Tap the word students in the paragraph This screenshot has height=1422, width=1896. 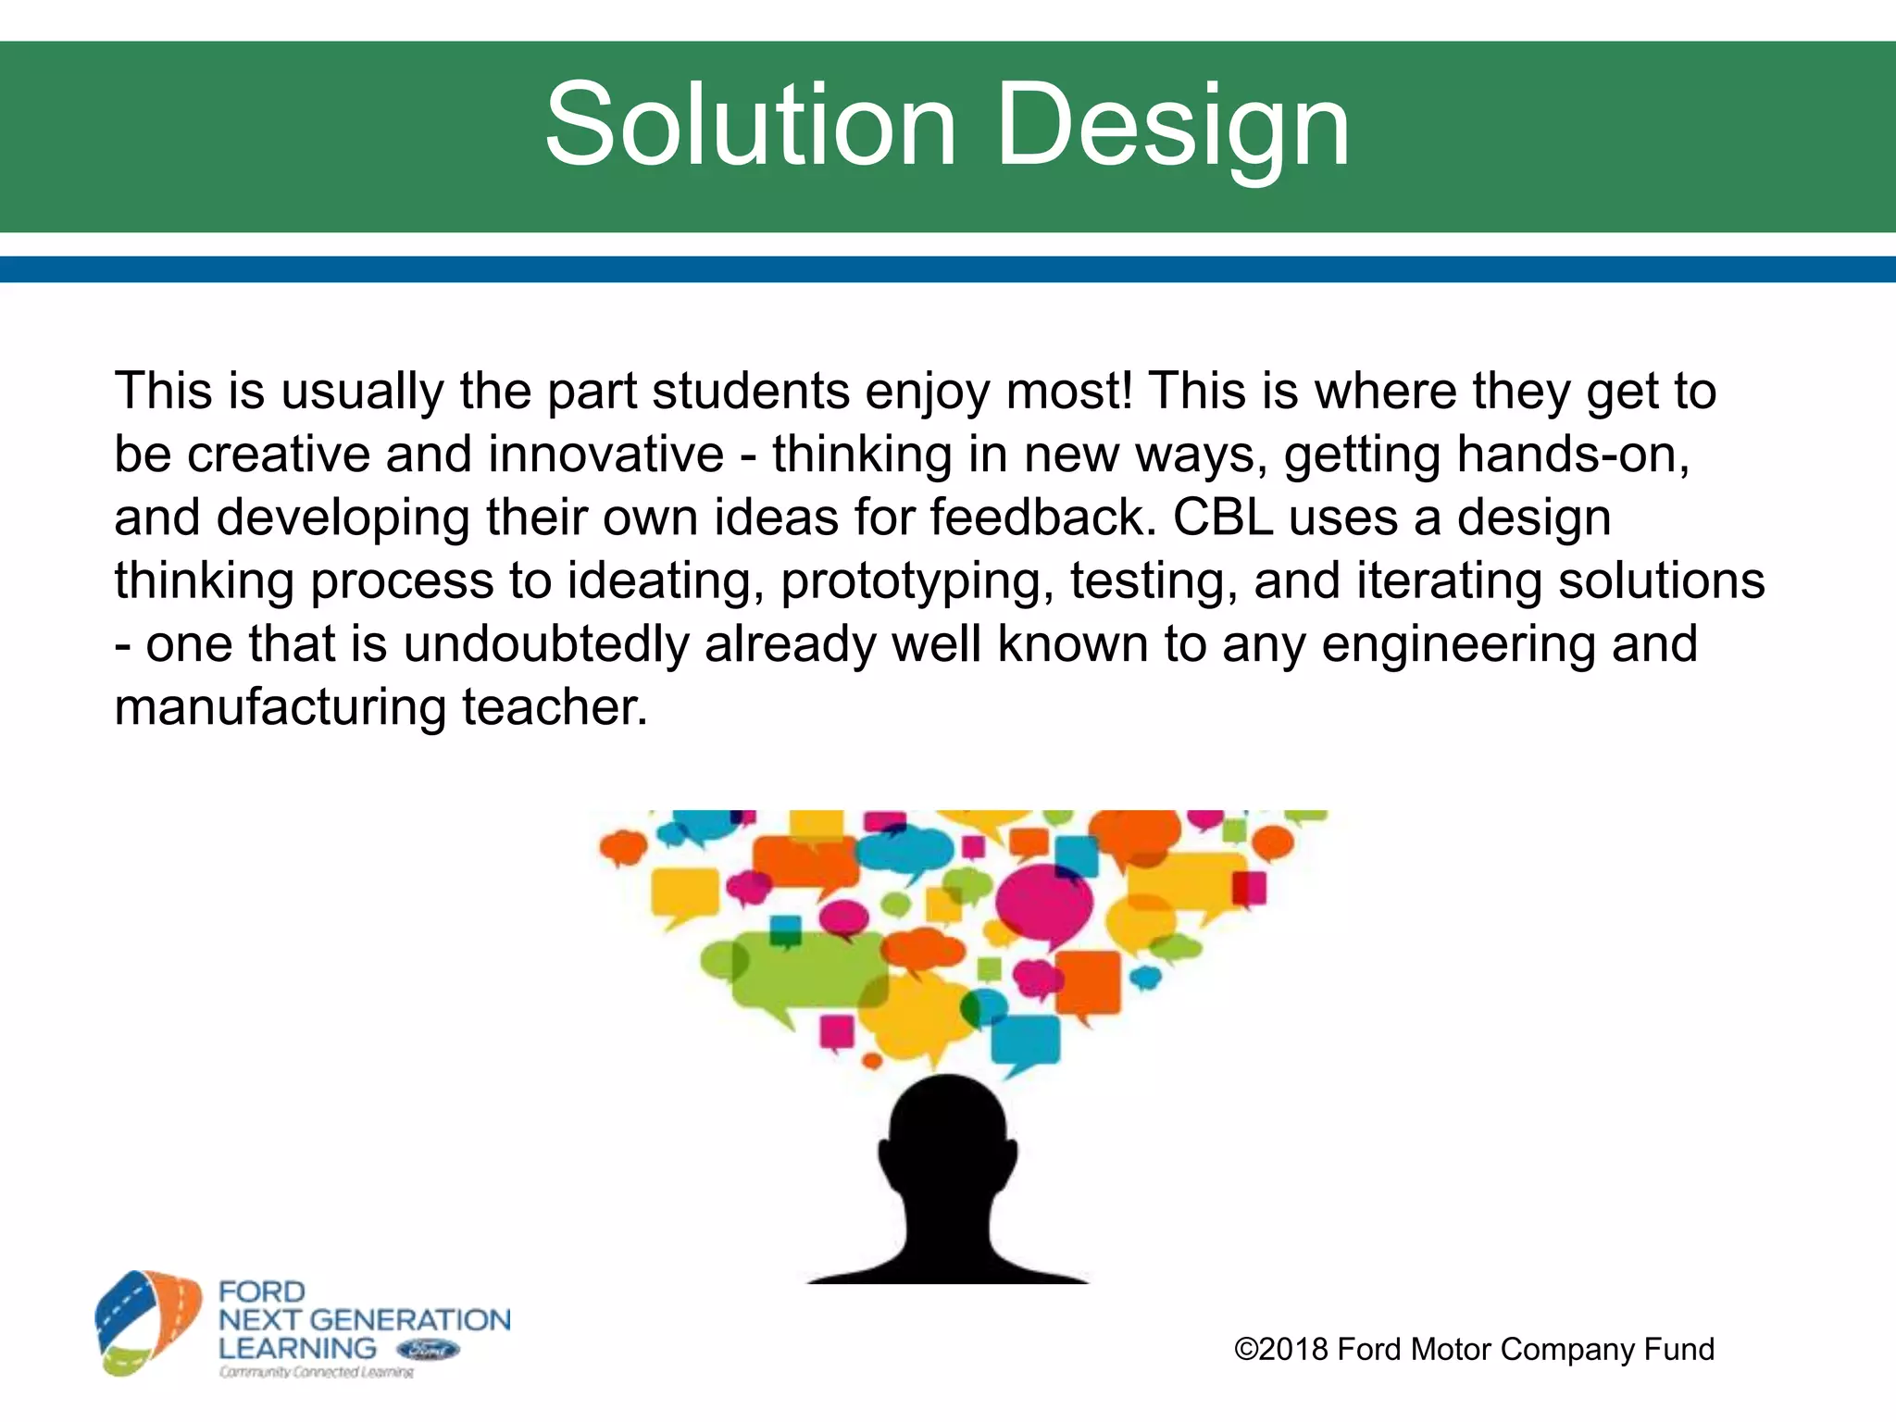pos(751,391)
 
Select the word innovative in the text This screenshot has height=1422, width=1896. pos(606,455)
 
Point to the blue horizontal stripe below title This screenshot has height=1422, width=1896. pos(948,269)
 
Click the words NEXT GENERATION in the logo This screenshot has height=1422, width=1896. pos(364,1319)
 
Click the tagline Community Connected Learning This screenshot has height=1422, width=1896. pos(316,1372)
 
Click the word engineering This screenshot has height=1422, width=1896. pos(1458,644)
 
